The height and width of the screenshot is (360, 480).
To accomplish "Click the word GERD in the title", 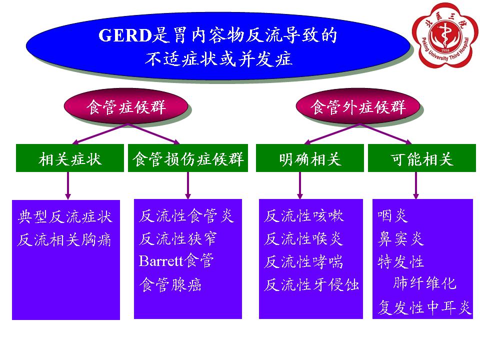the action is (125, 35).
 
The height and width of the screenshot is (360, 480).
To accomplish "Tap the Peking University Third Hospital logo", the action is (445, 35).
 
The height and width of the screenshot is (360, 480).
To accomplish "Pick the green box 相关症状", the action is (70, 158).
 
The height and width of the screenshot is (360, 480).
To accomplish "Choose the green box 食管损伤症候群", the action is (188, 158).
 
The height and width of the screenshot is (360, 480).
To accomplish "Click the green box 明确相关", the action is (310, 158).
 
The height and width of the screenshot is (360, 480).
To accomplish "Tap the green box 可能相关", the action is (422, 158).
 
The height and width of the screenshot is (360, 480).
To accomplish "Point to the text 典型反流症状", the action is (65, 216).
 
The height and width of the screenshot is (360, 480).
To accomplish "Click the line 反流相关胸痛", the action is (64, 239).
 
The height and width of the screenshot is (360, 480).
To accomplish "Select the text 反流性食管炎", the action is (186, 216).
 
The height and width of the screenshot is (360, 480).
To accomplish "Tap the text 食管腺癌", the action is (170, 284).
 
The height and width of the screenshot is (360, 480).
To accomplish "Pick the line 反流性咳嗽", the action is (304, 216).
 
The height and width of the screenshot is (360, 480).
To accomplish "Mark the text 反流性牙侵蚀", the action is (311, 284).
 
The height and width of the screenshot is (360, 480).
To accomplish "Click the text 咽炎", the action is (392, 216).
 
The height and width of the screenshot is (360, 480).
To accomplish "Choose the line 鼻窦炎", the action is (400, 239).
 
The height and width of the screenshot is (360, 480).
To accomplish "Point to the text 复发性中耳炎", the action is (424, 307).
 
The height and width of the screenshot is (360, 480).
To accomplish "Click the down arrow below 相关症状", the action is (68, 185).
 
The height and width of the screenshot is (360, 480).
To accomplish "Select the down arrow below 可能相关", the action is (415, 185).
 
